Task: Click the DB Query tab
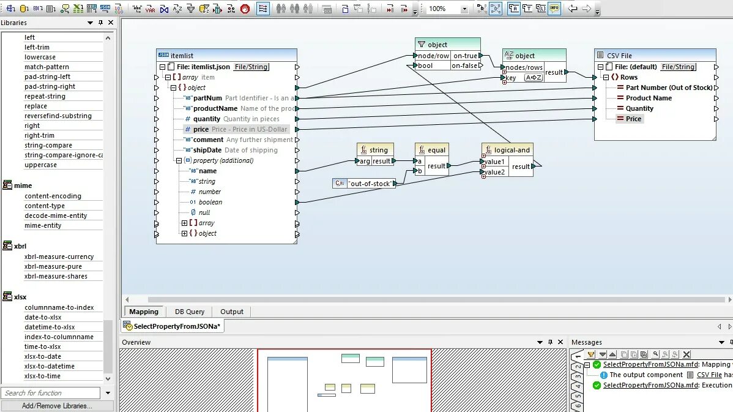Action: coord(190,312)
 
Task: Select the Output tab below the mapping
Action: coord(232,312)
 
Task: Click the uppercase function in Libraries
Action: coord(41,165)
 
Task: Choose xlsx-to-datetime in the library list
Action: coord(50,366)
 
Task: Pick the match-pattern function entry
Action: coord(47,67)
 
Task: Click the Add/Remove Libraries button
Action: coord(57,406)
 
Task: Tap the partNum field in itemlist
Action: coord(207,98)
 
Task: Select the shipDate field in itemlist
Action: coord(207,150)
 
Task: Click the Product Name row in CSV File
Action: coord(649,98)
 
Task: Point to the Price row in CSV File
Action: coord(633,119)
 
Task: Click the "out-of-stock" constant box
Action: coord(370,183)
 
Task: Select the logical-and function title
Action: coord(512,150)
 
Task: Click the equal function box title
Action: coord(436,150)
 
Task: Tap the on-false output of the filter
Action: coord(465,66)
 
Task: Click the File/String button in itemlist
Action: coord(251,67)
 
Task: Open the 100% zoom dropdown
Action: coord(464,9)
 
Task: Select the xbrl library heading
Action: coord(20,246)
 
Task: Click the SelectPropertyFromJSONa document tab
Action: coord(176,326)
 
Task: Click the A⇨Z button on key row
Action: coord(534,78)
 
